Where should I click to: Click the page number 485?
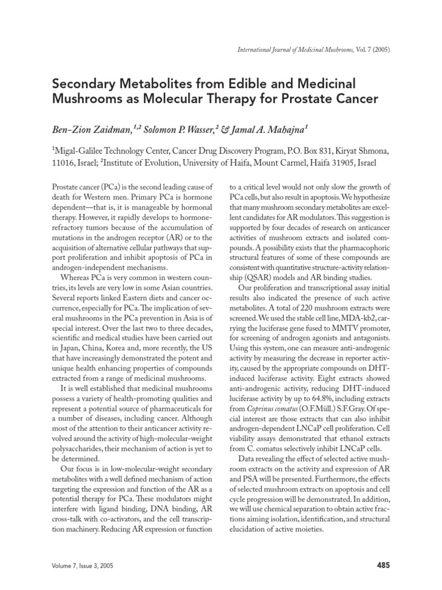click(x=383, y=565)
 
